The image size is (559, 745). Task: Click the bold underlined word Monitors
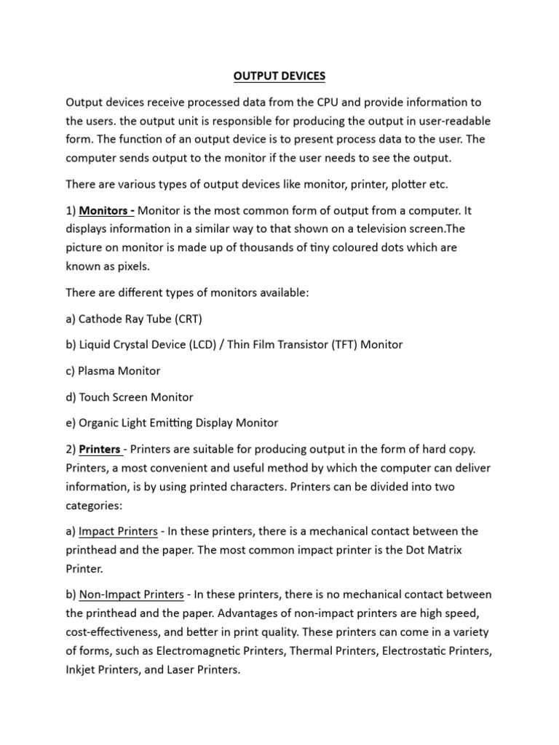pos(103,211)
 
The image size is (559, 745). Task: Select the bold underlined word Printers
pos(100,449)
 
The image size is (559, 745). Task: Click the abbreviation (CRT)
pos(187,318)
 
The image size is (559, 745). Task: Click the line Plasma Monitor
pos(119,370)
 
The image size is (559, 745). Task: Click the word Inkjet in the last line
pos(82,669)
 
